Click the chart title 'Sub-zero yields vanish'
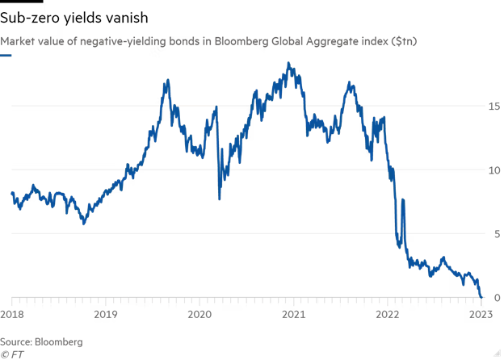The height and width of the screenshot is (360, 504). tap(73, 17)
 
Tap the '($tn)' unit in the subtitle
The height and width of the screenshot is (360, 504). tap(404, 40)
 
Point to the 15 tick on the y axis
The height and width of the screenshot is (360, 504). tap(492, 106)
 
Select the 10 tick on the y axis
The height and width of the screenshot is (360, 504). tap(492, 170)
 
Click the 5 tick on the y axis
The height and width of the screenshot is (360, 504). tap(494, 234)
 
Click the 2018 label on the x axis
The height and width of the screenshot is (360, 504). tap(12, 314)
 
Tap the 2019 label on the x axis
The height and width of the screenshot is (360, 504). tap(107, 314)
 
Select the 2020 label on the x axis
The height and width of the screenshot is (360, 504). tap(200, 314)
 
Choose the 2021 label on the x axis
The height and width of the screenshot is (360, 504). tap(294, 314)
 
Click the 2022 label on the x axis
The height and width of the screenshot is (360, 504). tap(388, 314)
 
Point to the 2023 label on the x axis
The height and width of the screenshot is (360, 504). tap(481, 314)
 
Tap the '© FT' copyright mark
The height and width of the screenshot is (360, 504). tap(11, 354)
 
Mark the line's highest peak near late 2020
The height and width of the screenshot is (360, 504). tap(288, 63)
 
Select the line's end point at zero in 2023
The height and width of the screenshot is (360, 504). tap(481, 297)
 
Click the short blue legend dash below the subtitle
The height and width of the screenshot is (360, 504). tap(6, 56)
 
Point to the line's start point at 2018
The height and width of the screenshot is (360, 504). tap(11, 193)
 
